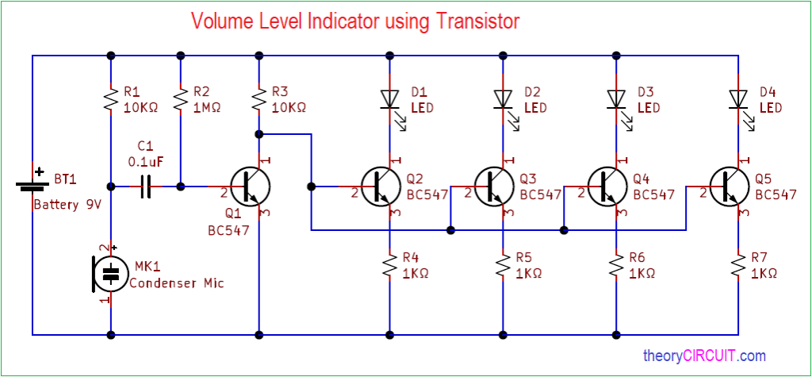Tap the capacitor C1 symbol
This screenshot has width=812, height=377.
[x=146, y=187]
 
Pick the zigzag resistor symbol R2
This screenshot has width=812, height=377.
[x=181, y=99]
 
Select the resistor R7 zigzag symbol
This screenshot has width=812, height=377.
[x=738, y=266]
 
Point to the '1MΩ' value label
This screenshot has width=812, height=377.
[x=207, y=108]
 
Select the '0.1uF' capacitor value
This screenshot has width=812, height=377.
[x=146, y=162]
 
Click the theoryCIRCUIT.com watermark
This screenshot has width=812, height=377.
[x=704, y=356]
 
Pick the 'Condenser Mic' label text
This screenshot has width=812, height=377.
[x=177, y=283]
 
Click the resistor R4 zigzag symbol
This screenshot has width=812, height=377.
[x=389, y=266]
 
